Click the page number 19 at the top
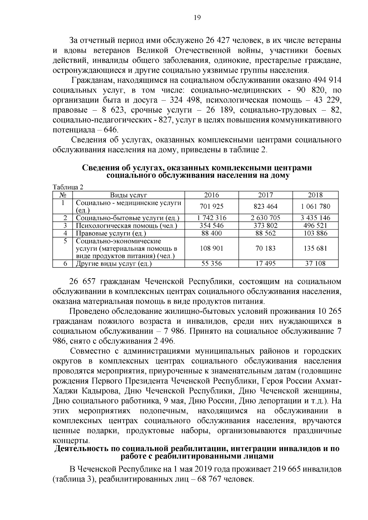(x=197, y=18)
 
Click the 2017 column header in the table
(x=265, y=195)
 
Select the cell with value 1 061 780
(x=315, y=207)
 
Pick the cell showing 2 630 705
(x=265, y=218)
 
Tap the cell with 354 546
(x=212, y=226)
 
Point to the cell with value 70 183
(x=265, y=248)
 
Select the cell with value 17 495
(x=265, y=263)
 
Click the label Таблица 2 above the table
(x=68, y=187)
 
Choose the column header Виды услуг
(x=129, y=195)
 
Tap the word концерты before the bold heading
(x=71, y=441)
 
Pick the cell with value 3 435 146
(x=315, y=218)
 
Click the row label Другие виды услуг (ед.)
(x=114, y=264)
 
